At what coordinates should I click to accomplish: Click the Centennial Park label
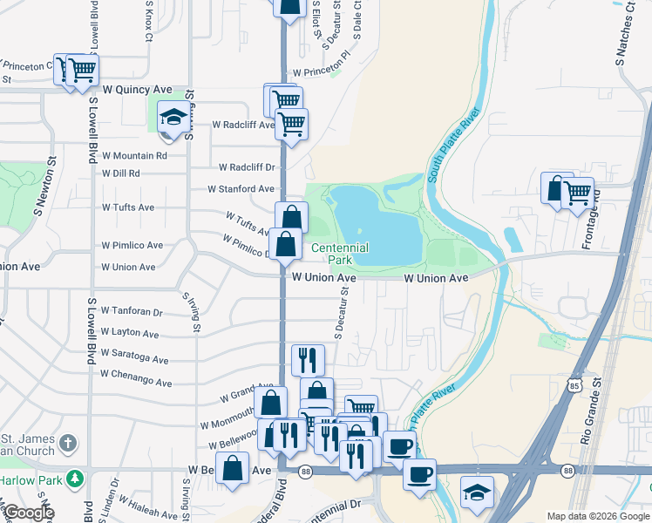pyautogui.click(x=340, y=254)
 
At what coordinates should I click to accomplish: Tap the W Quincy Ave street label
pyautogui.click(x=138, y=89)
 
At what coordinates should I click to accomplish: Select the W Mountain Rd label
pyautogui.click(x=134, y=156)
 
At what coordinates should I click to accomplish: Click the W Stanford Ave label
pyautogui.click(x=241, y=188)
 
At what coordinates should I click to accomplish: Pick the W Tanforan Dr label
pyautogui.click(x=132, y=311)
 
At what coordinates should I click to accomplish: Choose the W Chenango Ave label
pyautogui.click(x=136, y=374)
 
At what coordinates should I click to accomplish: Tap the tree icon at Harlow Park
pyautogui.click(x=76, y=478)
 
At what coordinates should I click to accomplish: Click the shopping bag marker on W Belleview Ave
pyautogui.click(x=234, y=468)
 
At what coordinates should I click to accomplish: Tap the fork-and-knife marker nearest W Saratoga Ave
pyautogui.click(x=307, y=358)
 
